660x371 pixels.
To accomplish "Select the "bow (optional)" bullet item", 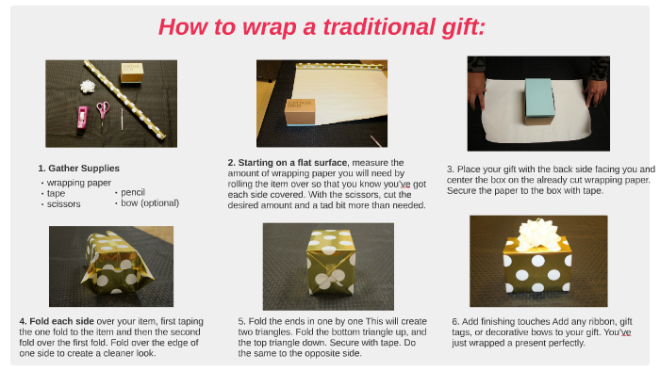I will point(150,202).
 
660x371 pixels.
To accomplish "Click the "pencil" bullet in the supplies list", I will point(133,192).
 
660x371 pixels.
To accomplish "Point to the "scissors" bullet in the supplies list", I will point(63,203).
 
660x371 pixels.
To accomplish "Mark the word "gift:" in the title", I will point(454,26).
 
